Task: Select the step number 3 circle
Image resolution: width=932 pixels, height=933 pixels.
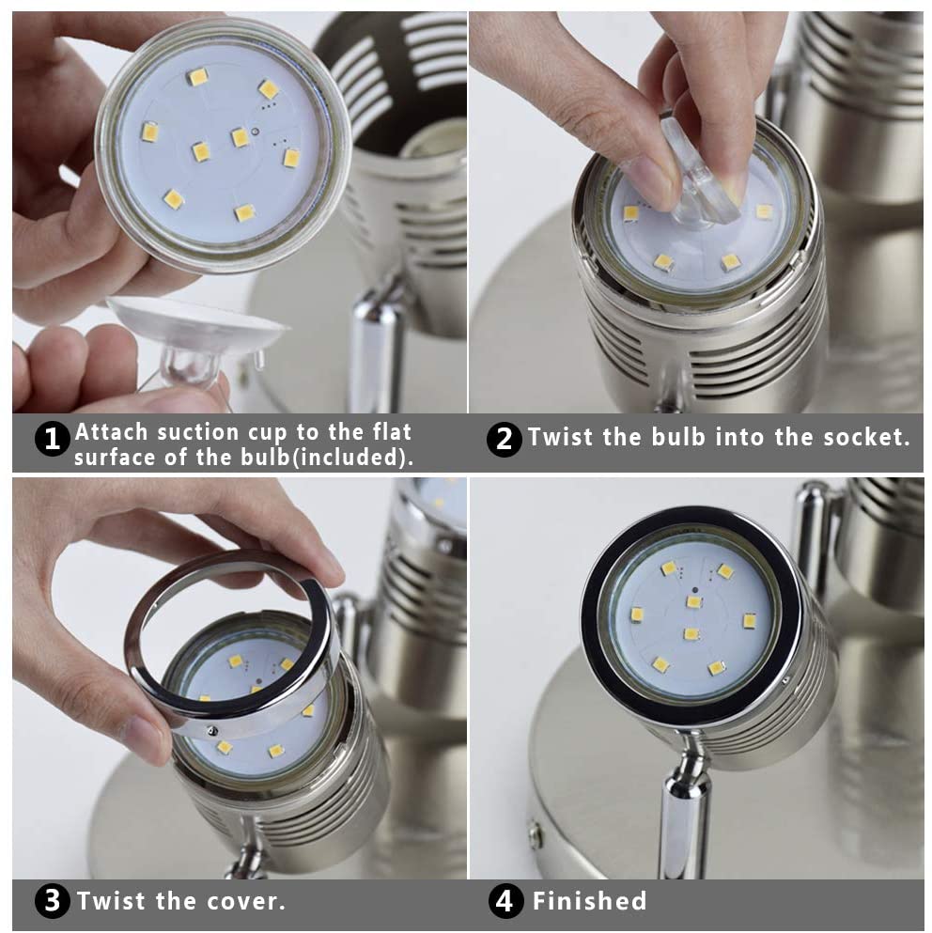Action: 53,902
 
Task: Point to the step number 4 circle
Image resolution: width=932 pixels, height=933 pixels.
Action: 506,902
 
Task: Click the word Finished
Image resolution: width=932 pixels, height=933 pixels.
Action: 589,902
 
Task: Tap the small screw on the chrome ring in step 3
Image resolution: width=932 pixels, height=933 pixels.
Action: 214,730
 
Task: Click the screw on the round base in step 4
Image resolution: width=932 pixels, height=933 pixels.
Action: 536,831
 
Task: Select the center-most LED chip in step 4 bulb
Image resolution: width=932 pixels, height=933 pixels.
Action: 691,633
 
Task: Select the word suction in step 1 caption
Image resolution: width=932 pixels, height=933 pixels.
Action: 199,432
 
